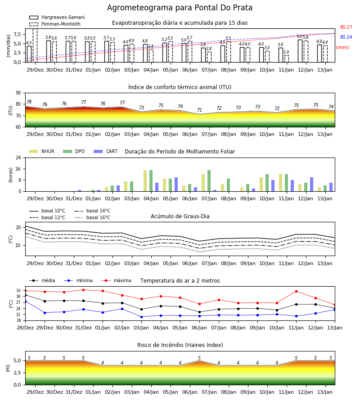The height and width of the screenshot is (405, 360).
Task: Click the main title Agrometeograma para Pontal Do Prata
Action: tap(180, 8)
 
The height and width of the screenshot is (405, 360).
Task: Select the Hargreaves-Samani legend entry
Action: tap(57, 17)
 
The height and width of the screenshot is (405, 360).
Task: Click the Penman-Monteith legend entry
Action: tap(55, 24)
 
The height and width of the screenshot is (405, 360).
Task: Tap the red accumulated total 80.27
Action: tap(346, 27)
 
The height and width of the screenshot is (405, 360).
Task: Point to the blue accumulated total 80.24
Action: tap(346, 37)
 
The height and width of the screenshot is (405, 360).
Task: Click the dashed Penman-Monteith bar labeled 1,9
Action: tap(286, 59)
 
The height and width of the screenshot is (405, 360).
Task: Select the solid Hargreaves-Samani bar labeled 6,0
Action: tap(300, 51)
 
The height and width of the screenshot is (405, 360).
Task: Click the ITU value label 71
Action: tap(199, 110)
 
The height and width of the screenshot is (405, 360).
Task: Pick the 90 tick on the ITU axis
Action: tap(18, 93)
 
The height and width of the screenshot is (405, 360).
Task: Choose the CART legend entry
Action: tap(106, 151)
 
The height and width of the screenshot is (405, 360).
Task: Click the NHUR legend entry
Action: tap(42, 151)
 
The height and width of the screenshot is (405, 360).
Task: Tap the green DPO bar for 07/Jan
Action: tap(209, 181)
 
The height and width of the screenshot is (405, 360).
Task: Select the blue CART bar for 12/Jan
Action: tap(312, 184)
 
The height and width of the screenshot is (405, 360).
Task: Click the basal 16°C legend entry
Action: tap(92, 217)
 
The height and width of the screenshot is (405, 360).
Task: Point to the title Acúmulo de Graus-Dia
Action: tap(180, 216)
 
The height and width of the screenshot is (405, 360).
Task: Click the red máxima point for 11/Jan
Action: tap(296, 291)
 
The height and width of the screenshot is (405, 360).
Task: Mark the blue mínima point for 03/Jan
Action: tap(141, 317)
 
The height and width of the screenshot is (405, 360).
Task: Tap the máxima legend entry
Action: tap(117, 280)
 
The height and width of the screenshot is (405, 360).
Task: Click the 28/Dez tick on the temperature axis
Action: tap(25, 328)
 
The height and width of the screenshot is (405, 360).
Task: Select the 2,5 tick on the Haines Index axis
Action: tap(17, 373)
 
